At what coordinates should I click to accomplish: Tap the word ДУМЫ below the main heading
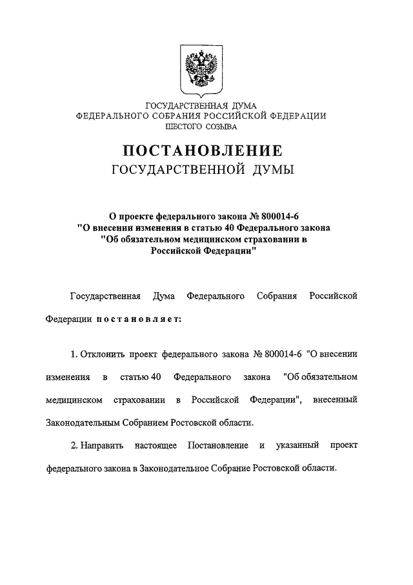point(271,171)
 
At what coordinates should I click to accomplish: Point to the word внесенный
point(335,401)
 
